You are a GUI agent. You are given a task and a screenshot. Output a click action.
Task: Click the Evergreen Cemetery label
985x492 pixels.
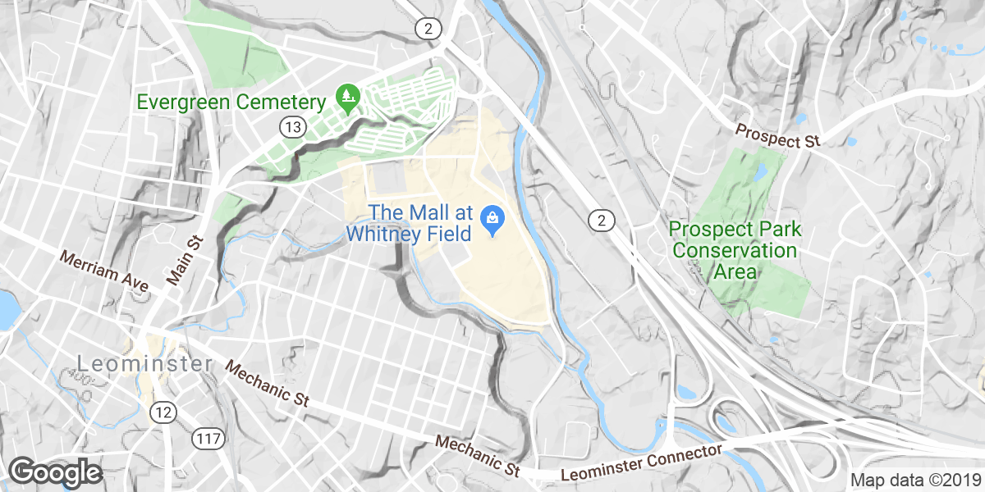click(231, 102)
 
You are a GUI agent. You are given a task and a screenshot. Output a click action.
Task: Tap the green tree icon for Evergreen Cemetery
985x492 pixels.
click(349, 98)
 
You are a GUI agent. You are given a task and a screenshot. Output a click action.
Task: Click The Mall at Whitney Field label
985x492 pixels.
click(409, 223)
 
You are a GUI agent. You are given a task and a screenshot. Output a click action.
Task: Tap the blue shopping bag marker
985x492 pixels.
click(492, 219)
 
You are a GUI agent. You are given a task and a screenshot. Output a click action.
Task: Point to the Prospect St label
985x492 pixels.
click(778, 137)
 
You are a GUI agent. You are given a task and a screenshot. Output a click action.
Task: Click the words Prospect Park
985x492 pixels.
click(723, 230)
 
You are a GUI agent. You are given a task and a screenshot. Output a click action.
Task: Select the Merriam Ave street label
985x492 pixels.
click(103, 271)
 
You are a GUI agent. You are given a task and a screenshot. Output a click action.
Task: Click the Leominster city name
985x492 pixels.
click(144, 363)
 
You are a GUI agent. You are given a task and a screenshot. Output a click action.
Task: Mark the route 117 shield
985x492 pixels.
click(208, 439)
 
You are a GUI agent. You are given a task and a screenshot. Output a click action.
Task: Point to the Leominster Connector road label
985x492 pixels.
click(641, 465)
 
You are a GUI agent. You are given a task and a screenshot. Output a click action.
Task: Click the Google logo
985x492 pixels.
click(55, 472)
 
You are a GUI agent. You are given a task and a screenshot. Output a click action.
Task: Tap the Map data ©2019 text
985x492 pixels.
click(915, 481)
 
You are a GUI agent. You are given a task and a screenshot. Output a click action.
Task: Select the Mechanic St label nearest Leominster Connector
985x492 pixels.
click(479, 456)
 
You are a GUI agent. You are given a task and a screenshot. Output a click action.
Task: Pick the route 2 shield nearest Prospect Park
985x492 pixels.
click(602, 220)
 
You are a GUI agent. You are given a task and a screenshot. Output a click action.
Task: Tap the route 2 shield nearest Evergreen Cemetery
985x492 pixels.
click(428, 29)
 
